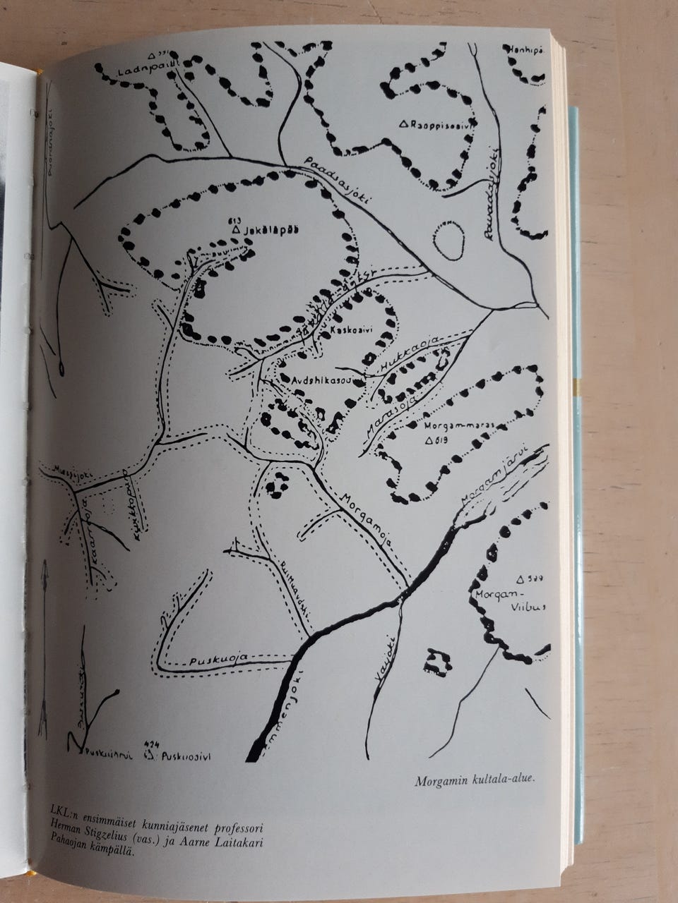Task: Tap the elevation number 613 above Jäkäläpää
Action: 235,218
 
